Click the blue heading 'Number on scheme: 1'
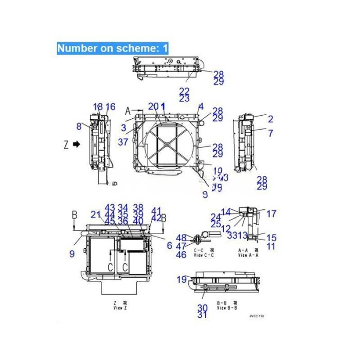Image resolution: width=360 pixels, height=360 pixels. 112,48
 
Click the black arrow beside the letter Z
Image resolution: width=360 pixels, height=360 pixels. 76,145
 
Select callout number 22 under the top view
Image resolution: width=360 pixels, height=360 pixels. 184,91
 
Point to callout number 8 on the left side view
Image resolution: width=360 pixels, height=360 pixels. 79,126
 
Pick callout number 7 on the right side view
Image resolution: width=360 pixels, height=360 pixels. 271,133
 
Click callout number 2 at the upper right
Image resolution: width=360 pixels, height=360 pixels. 271,119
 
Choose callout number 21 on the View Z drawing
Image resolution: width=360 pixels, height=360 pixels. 96,214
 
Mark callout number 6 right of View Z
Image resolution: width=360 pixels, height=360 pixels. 169,246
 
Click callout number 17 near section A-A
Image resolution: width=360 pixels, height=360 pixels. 271,213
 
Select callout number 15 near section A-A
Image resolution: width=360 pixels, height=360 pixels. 271,238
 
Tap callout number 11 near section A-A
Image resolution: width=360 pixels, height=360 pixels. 271,246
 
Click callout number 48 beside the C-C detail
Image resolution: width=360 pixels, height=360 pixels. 181,238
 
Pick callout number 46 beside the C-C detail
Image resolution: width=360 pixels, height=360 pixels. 181,255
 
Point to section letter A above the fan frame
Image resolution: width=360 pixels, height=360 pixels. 128,111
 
